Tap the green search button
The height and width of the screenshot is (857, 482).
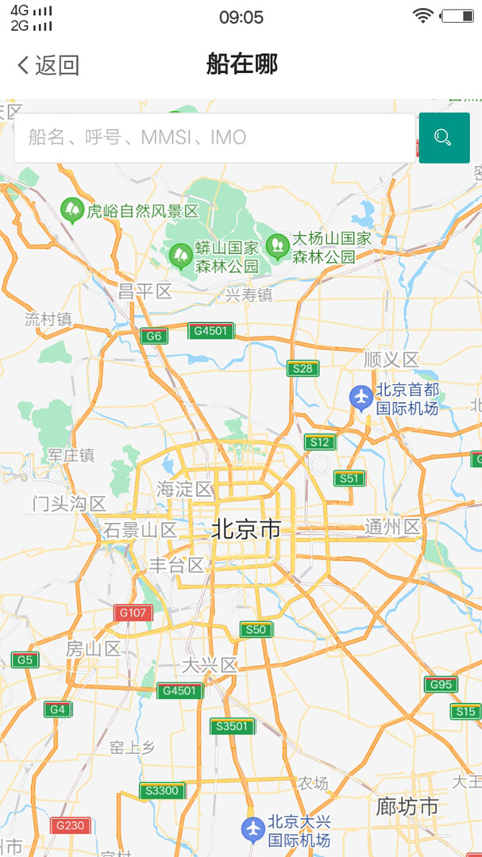(x=444, y=138)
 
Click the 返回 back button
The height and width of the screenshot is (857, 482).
(x=48, y=65)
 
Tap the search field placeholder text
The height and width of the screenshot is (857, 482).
(x=137, y=138)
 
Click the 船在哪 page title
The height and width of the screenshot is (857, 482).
(x=241, y=64)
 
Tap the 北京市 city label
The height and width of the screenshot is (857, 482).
(x=246, y=529)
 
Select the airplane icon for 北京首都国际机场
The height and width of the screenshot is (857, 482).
(x=361, y=397)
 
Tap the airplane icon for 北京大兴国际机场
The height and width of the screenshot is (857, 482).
(x=253, y=829)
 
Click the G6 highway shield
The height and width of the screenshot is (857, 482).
(x=154, y=336)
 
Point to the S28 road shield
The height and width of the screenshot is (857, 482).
(x=303, y=368)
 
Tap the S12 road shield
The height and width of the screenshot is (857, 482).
(x=319, y=442)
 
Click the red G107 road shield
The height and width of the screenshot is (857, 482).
(x=133, y=613)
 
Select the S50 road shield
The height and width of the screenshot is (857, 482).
(x=256, y=630)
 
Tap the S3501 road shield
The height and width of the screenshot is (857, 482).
(x=233, y=726)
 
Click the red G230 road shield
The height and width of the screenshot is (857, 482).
(x=70, y=825)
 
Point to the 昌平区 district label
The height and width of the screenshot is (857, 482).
(x=145, y=291)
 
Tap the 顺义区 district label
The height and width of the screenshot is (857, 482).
(x=391, y=359)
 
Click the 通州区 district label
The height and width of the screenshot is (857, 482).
(x=392, y=527)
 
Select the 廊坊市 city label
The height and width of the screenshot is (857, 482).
(x=407, y=807)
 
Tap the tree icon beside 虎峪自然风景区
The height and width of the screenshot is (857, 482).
(x=72, y=210)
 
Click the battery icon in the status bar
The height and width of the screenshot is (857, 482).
(x=457, y=15)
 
